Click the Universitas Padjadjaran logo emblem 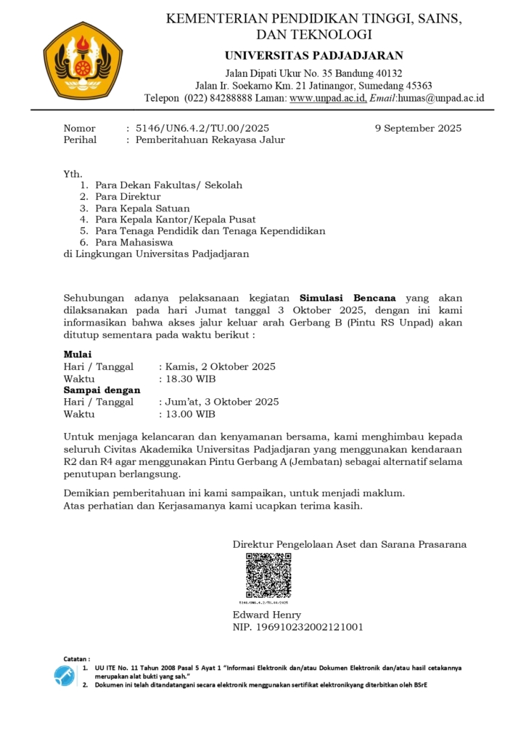(83, 60)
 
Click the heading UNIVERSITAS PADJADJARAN (313, 56)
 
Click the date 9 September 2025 (418, 129)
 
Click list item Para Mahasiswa (133, 243)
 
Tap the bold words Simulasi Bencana (348, 298)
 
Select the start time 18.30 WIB (190, 379)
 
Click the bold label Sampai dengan (102, 390)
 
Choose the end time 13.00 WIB (190, 414)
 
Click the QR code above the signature (268, 575)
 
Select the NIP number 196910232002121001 (297, 627)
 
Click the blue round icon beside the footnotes (64, 676)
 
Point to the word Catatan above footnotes (76, 658)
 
